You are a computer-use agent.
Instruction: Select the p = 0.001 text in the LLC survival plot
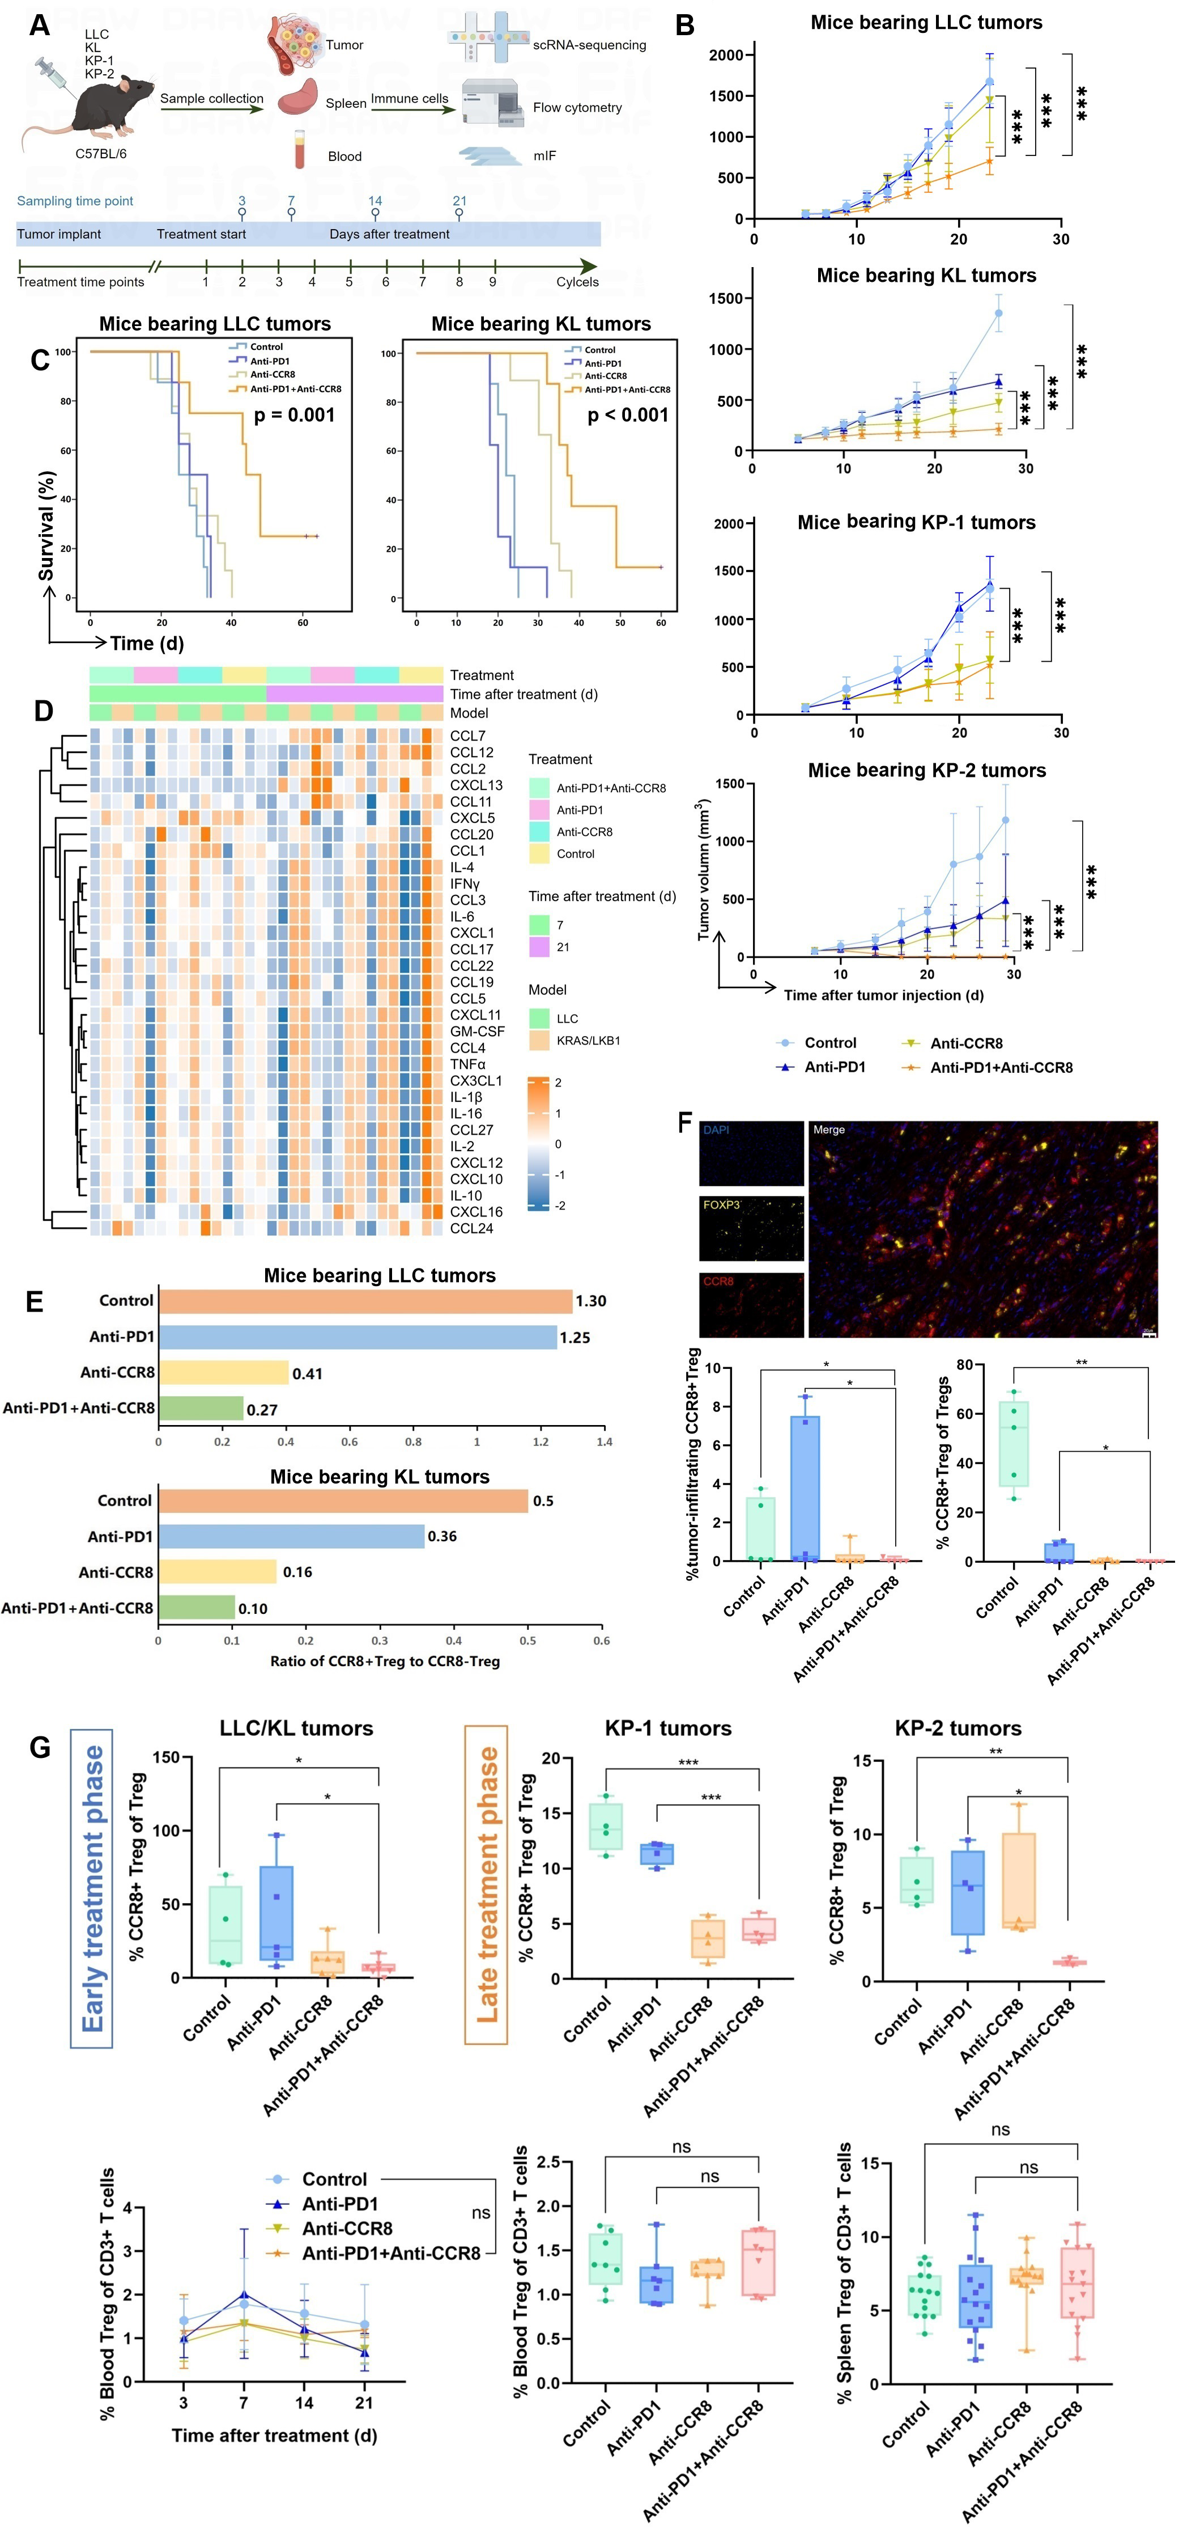[x=294, y=415]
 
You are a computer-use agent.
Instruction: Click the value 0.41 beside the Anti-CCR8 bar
[x=307, y=1373]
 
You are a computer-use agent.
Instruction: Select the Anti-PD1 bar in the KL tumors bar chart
[x=291, y=1536]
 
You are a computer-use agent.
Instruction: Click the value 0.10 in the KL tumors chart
[x=253, y=1608]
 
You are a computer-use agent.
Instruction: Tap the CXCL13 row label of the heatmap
[x=476, y=785]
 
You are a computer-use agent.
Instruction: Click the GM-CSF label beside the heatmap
[x=477, y=1031]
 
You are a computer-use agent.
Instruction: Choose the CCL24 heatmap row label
[x=471, y=1228]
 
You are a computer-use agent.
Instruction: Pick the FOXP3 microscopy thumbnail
[x=751, y=1228]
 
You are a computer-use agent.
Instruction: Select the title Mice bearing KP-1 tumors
[x=916, y=523]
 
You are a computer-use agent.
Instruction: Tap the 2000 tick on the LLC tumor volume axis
[x=726, y=56]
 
